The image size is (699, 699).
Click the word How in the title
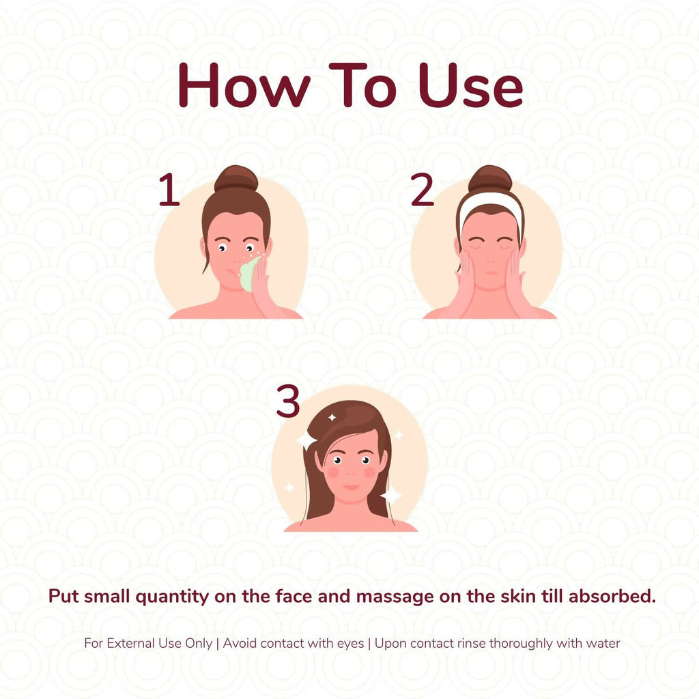(x=244, y=85)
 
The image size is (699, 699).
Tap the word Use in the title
(x=471, y=85)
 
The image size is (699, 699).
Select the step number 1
(x=169, y=190)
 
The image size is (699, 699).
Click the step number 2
(x=422, y=190)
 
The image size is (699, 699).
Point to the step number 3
(x=288, y=401)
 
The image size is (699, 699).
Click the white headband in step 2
(x=490, y=203)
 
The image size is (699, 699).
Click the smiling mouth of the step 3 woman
(x=352, y=487)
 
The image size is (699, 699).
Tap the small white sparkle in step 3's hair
(x=332, y=418)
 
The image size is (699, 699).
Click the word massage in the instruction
(x=395, y=597)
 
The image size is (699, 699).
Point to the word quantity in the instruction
(x=172, y=597)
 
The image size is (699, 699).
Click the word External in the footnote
(x=131, y=643)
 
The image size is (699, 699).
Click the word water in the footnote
(x=603, y=644)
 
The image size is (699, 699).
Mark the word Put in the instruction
(x=63, y=596)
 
